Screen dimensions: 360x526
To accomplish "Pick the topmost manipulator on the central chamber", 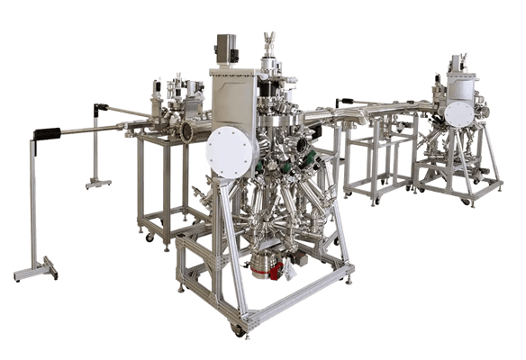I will [267, 40].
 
